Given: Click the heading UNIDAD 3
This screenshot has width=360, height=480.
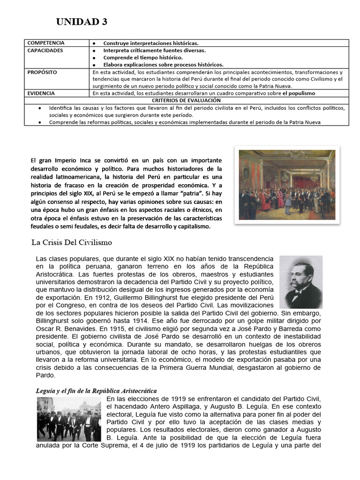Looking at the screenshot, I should coord(82,22).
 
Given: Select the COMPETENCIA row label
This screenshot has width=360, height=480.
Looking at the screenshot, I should coord(46,43).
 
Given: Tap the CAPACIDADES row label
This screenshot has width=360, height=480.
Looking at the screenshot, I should coord(45,50).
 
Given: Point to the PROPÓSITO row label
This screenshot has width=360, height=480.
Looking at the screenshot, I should coord(42,73).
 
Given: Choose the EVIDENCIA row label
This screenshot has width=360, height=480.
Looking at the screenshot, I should coord(41,93).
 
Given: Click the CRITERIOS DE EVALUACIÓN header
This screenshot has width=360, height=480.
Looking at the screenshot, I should coord(186,100).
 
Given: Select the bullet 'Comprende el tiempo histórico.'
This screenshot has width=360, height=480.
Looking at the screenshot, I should coord(143,57).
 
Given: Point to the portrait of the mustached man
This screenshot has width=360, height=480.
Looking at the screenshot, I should coord(300,282).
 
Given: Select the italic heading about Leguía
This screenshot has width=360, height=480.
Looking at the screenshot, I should coord(96,390).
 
